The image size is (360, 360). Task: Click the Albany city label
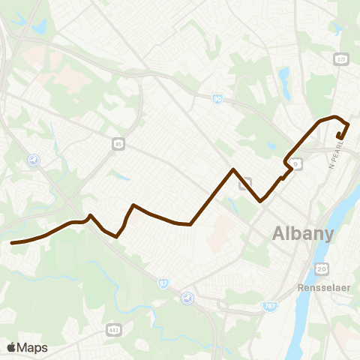(304, 232)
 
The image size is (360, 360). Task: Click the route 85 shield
(118, 144)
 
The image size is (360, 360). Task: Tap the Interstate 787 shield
(270, 306)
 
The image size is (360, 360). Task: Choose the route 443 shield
(114, 329)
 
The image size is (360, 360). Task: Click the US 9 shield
(297, 164)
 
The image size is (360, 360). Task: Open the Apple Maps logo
(27, 347)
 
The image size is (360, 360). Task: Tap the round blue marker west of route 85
(33, 160)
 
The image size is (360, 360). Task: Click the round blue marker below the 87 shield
(187, 298)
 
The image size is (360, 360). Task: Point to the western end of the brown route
(12, 242)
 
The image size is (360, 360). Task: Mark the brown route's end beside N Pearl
(340, 136)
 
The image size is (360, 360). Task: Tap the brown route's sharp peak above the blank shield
(233, 169)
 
